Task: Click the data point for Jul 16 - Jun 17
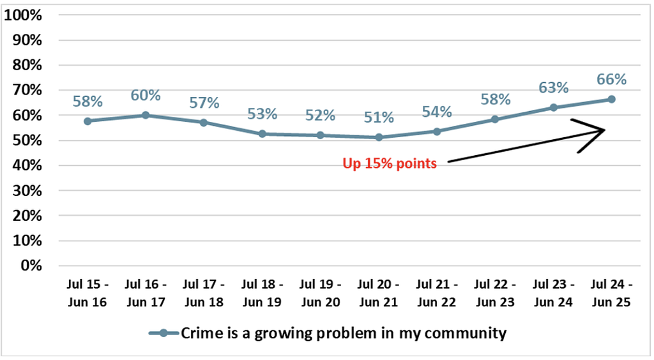tap(146, 115)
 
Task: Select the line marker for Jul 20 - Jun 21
tap(379, 137)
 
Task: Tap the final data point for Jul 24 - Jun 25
tap(611, 99)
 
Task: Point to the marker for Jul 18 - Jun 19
tap(262, 134)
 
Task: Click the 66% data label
tap(611, 79)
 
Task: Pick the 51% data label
tap(379, 117)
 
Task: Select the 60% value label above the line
tap(146, 95)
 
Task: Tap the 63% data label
tap(554, 87)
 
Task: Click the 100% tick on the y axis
tap(23, 15)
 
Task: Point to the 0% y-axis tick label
tap(31, 266)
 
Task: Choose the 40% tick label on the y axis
tap(27, 165)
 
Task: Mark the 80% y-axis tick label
tap(27, 65)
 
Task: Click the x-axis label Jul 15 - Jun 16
tap(87, 293)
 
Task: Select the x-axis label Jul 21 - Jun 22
tap(437, 293)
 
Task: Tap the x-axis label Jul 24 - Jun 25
tap(611, 293)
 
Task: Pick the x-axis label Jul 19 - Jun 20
tap(321, 293)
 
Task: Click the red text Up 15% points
tap(390, 163)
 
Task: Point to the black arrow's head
tap(604, 130)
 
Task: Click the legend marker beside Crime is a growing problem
tap(163, 333)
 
